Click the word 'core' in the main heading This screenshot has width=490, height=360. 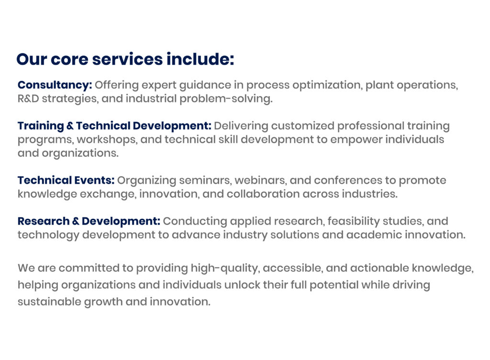[x=69, y=59]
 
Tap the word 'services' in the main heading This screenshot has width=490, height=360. [x=127, y=59]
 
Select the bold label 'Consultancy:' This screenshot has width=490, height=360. [x=55, y=85]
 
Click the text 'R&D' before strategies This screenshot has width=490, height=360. [x=28, y=99]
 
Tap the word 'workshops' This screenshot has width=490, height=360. [x=107, y=140]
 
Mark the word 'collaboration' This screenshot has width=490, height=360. [x=263, y=194]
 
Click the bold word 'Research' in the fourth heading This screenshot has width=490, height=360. [x=44, y=221]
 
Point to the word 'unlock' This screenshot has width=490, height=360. [x=242, y=285]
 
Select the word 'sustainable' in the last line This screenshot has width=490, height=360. [x=49, y=302]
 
